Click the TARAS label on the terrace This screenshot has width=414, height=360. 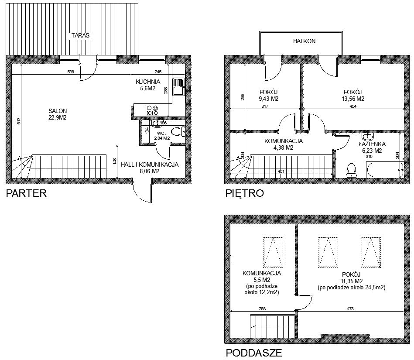point(80,35)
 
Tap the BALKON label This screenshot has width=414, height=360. point(304,41)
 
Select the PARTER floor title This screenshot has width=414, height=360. point(26,193)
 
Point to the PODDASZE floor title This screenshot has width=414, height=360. point(254,353)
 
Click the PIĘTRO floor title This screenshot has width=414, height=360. point(244,193)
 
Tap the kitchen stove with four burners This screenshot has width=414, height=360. point(153,110)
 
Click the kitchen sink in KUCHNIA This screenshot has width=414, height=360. point(179,87)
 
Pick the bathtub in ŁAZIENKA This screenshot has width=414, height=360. point(385,170)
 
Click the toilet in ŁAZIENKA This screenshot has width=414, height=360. point(351,171)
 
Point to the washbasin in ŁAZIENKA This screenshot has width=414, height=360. point(367,136)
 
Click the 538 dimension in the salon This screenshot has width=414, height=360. point(71,72)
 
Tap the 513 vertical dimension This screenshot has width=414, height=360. point(18,121)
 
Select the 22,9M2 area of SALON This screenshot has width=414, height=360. point(58,118)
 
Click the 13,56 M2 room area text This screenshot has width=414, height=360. point(352,99)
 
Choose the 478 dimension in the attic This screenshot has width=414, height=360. point(350,309)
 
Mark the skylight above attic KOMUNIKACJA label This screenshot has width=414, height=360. point(273,252)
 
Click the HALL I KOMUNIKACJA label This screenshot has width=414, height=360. point(150,165)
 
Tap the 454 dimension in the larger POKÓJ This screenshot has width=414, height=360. point(353,106)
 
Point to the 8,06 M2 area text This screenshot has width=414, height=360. point(150,171)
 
